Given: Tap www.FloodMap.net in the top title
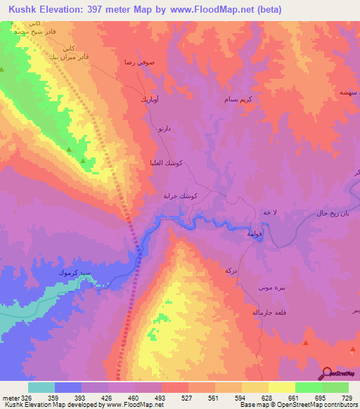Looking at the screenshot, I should (x=203, y=11).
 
